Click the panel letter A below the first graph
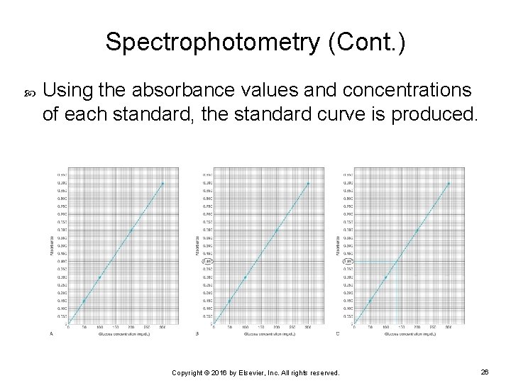51,333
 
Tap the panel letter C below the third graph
337,333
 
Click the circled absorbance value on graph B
208,262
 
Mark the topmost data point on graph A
163,184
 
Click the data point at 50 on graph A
84,301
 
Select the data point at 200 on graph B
276,230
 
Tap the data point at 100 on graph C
385,277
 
